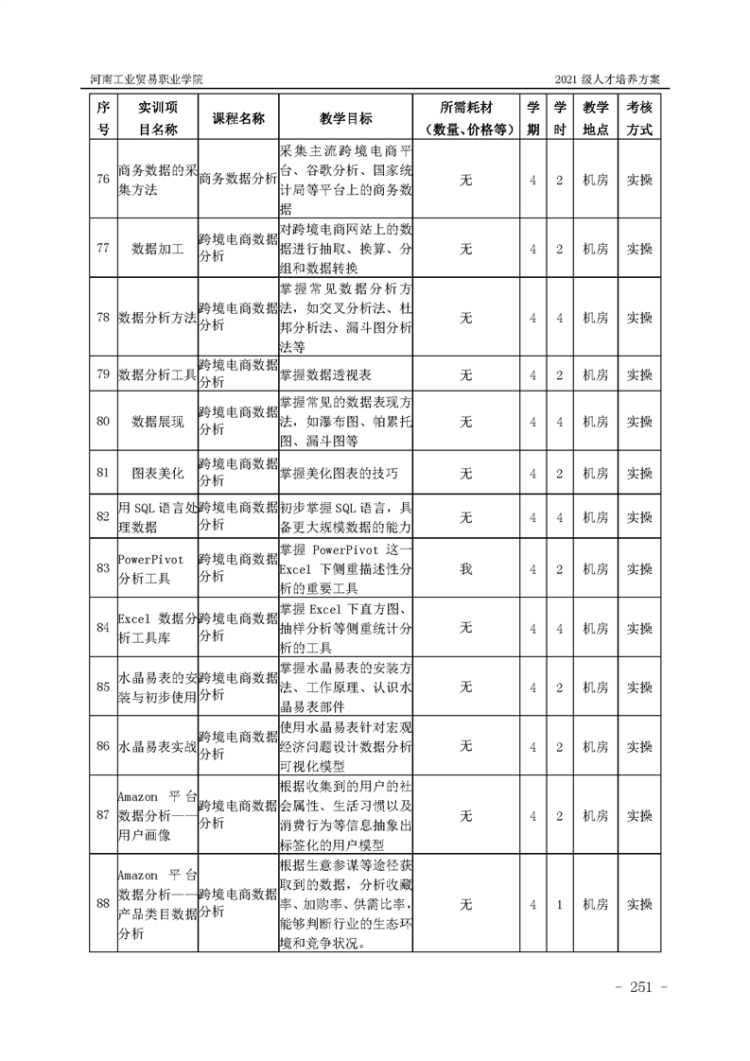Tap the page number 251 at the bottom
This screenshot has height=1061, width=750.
(641, 988)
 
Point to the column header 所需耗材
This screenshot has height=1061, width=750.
(465, 108)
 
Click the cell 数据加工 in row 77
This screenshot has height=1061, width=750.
(156, 249)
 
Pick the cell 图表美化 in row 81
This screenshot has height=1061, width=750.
(156, 473)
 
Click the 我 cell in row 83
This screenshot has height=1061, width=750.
(465, 568)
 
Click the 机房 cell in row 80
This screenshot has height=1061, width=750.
(595, 421)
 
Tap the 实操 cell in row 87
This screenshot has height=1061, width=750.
(639, 815)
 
